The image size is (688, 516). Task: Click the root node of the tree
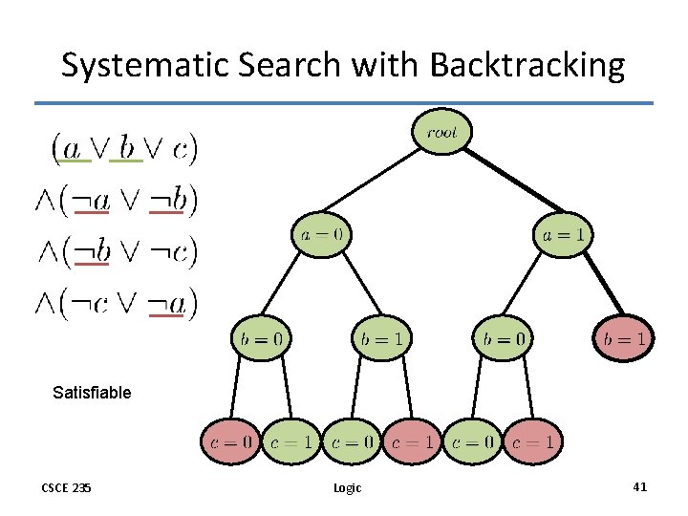pos(441,133)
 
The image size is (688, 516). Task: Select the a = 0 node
pos(321,234)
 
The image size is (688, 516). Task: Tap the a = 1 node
pos(563,234)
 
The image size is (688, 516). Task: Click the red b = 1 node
pos(624,337)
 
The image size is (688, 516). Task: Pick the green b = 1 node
pos(381,337)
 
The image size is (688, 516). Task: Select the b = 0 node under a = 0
pos(260,337)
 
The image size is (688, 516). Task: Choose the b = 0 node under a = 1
pos(503,337)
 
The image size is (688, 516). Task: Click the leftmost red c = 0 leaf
pos(229,442)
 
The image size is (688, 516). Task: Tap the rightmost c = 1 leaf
pos(532,442)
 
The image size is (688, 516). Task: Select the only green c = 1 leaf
pos(290,442)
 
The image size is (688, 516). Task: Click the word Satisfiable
pos(93,392)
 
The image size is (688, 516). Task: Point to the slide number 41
pos(639,487)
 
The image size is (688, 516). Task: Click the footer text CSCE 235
pos(67,488)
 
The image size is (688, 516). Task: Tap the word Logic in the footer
pos(347,488)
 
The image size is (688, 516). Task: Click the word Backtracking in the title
pos(527,66)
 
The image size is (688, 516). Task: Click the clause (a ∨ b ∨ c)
pos(124,147)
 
